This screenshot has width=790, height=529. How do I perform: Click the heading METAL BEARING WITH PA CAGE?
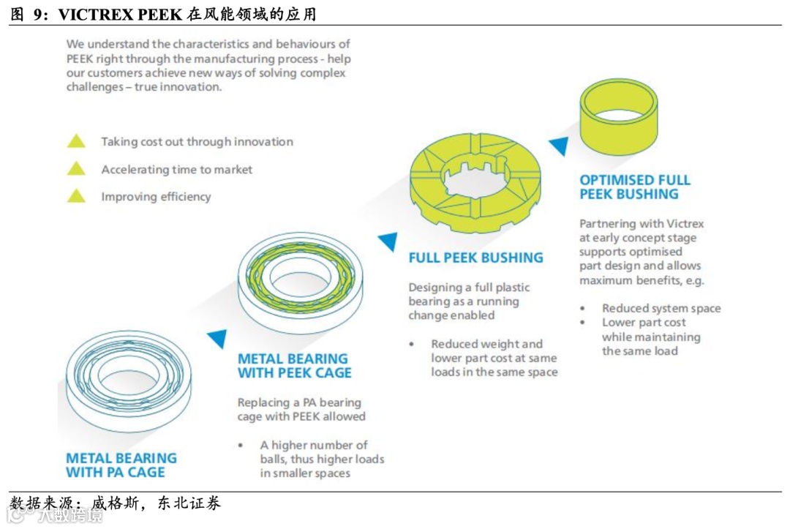click(x=121, y=465)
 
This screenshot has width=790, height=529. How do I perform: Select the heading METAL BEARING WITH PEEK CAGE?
click(x=294, y=366)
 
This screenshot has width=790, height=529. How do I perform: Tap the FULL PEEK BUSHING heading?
click(x=475, y=258)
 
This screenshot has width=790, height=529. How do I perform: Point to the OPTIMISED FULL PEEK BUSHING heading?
click(x=635, y=187)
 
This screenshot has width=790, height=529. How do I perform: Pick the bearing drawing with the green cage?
click(x=300, y=283)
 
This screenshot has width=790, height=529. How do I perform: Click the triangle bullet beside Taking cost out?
click(x=76, y=141)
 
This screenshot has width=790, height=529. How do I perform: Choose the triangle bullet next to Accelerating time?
click(x=76, y=169)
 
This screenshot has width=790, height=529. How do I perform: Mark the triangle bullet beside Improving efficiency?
click(x=76, y=196)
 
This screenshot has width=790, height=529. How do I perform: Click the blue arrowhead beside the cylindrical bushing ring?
click(x=559, y=146)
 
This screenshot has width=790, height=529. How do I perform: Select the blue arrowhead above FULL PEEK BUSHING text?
click(x=388, y=241)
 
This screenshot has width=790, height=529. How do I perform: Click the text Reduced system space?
click(x=661, y=308)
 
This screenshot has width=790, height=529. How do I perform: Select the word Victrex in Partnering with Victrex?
click(x=684, y=223)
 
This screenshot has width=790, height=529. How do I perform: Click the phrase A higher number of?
click(x=314, y=445)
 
